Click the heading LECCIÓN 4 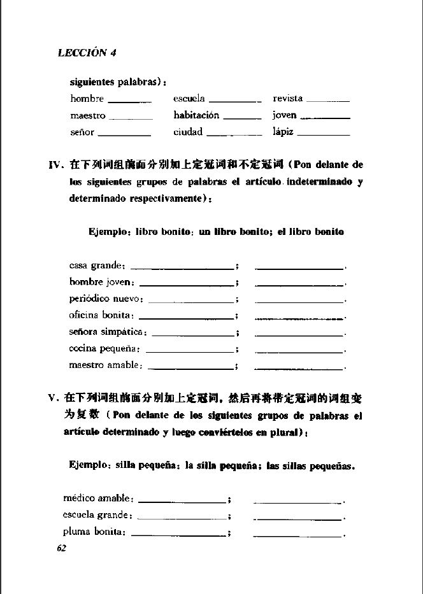pyautogui.click(x=87, y=53)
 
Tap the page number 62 pyautogui.click(x=62, y=548)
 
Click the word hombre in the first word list pyautogui.click(x=87, y=99)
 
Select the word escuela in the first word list pyautogui.click(x=189, y=99)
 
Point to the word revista pyautogui.click(x=288, y=99)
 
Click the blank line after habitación pyautogui.click(x=243, y=118)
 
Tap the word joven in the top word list pyautogui.click(x=285, y=116)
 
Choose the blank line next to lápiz pyautogui.click(x=324, y=135)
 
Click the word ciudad pyautogui.click(x=188, y=132)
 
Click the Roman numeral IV pyautogui.click(x=56, y=165)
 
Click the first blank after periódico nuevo pyautogui.click(x=190, y=300)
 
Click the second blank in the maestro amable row pyautogui.click(x=299, y=368)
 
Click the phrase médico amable pyautogui.click(x=98, y=498)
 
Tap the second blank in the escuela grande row pyautogui.click(x=298, y=518)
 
